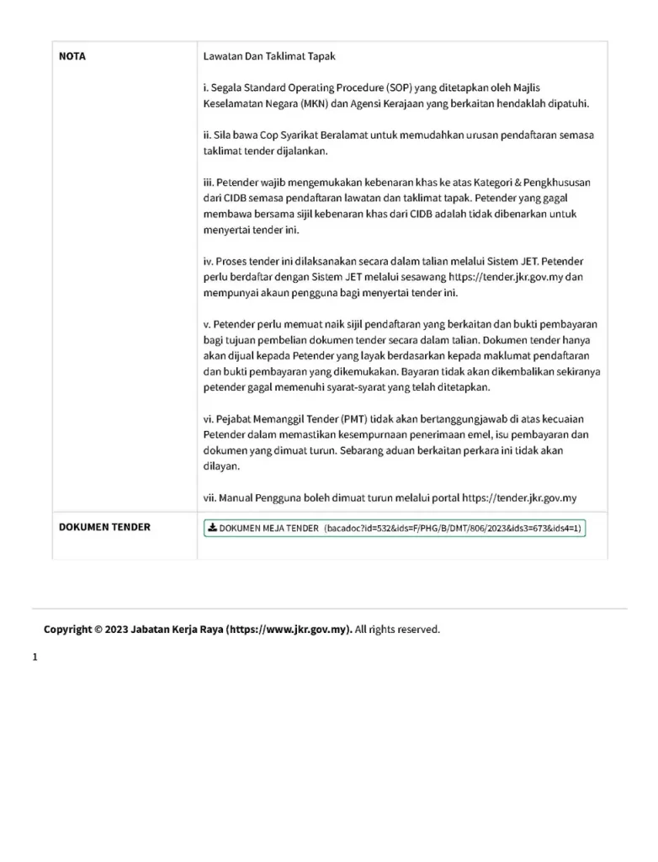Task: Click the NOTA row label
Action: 72,57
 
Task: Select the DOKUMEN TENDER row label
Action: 104,527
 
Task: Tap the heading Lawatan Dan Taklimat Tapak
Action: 269,57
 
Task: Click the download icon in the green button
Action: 213,528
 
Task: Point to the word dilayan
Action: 222,466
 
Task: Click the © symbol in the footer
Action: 98,630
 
